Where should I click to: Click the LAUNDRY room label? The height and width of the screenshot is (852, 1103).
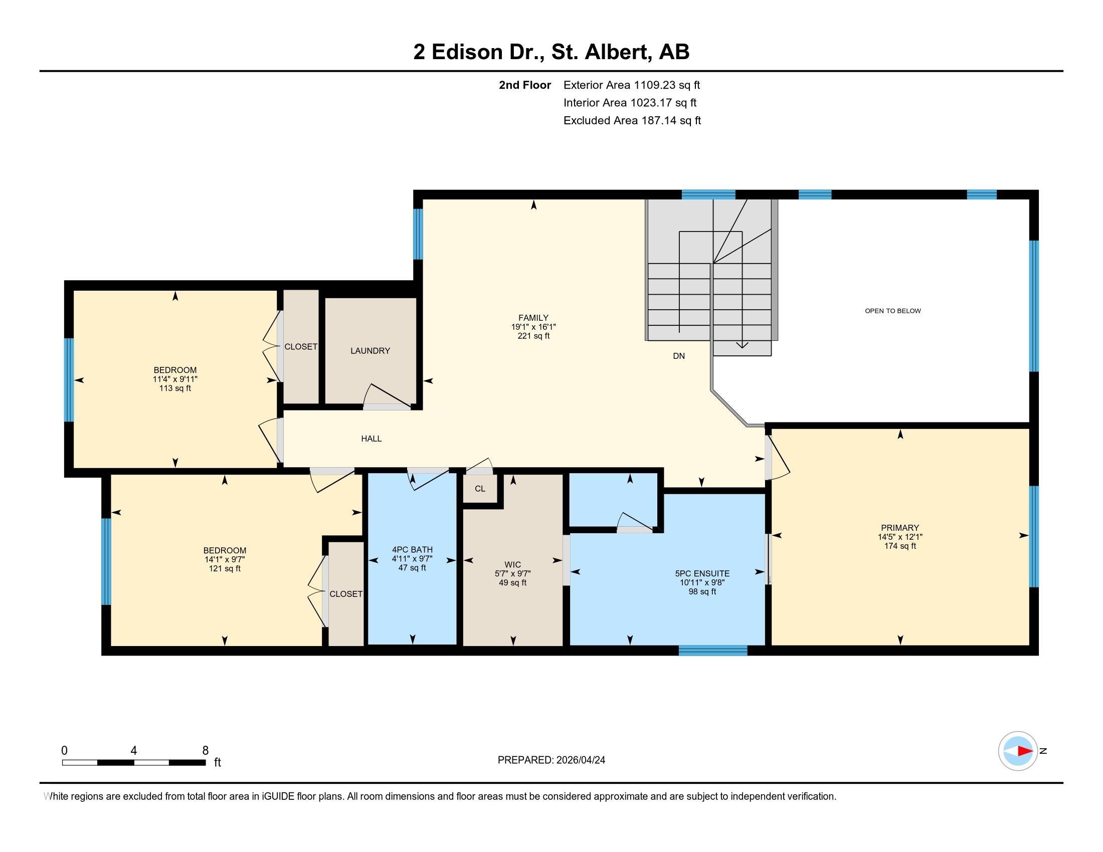coord(370,351)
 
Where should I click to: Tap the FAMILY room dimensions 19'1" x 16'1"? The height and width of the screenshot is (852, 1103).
coord(533,327)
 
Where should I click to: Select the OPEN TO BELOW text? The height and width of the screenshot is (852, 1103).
coord(892,311)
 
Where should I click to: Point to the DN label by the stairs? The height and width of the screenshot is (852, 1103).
coord(678,356)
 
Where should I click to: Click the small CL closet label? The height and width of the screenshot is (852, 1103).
coord(480,489)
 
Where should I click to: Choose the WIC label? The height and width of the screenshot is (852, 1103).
coord(512,564)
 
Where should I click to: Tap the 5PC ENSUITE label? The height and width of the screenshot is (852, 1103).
coord(702,573)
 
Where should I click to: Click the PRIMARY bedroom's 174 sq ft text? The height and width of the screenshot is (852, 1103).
coord(899,546)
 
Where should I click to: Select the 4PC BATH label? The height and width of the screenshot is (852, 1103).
coord(412,550)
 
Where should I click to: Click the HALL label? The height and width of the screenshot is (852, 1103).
coord(371,439)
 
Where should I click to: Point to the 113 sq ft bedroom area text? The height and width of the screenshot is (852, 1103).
coord(175,388)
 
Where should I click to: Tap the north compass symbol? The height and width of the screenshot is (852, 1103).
coord(1018,751)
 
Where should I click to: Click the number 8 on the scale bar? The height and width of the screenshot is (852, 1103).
coord(205,751)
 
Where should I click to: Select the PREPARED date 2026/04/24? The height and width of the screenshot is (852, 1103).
coord(579,760)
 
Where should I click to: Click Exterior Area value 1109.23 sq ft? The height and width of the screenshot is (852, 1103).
coord(667,85)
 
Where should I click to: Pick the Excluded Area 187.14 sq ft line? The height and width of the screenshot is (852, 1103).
coord(632,120)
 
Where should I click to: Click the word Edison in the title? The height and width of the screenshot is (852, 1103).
coord(467,52)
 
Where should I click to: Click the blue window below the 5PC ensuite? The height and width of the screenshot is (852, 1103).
coord(712,651)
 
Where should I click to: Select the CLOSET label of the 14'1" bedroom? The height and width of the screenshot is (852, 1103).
coord(346,594)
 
